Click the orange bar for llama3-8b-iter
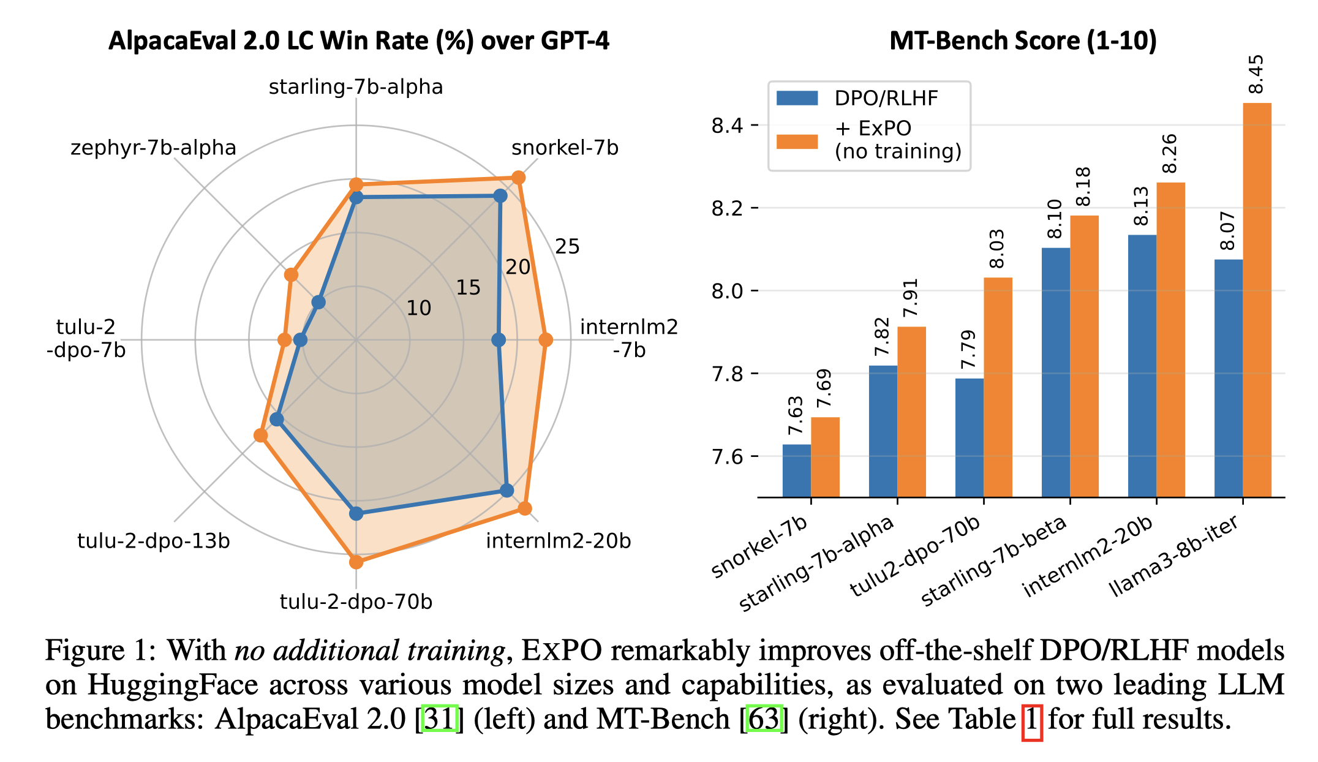pos(1257,300)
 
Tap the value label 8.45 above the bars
pos(1255,74)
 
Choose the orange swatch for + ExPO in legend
pos(797,141)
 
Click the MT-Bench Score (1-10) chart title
pos(1023,41)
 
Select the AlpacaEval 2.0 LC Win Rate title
pos(359,41)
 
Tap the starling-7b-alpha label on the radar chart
pos(356,87)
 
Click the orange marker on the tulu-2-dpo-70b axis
pos(356,562)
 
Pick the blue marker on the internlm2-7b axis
pos(499,339)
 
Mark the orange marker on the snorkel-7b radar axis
pos(518,178)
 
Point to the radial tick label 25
pos(567,247)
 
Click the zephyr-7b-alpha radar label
pos(153,148)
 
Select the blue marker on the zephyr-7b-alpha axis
pos(318,302)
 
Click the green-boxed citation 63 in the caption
pos(764,719)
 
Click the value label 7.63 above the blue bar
pos(795,416)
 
